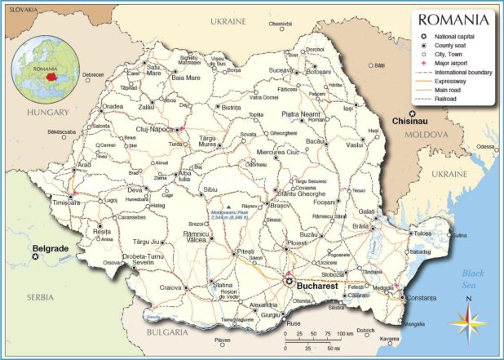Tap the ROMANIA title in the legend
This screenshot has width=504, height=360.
coord(455,20)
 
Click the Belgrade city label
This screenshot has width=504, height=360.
coord(51,247)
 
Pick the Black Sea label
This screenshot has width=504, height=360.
coord(473,301)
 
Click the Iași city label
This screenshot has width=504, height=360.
coord(348,108)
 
